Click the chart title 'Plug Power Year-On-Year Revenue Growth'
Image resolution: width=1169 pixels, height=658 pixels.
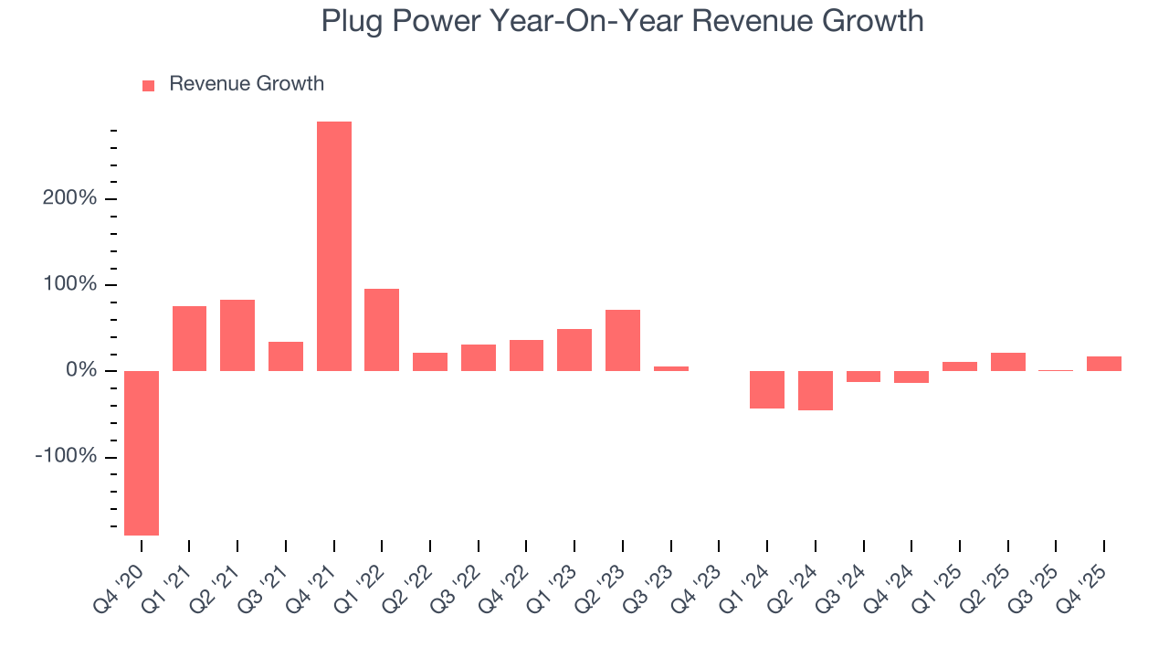point(622,21)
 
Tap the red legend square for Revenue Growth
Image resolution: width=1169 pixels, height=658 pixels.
point(149,85)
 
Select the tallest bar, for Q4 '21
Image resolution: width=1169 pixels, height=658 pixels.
point(334,246)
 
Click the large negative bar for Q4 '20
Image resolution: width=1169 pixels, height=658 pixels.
point(142,452)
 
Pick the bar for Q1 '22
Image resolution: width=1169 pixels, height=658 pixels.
point(382,330)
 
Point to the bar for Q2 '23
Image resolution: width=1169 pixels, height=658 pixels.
point(623,340)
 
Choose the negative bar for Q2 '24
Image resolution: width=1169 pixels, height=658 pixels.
point(816,390)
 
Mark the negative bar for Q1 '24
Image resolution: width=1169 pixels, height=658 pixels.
point(767,389)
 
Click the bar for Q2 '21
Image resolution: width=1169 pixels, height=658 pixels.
point(237,335)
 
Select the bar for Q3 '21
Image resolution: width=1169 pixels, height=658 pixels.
point(286,356)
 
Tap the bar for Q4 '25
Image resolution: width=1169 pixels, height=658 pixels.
point(1104,364)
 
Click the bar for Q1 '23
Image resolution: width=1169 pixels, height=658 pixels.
point(574,350)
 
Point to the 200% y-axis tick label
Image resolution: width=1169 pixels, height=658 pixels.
point(69,198)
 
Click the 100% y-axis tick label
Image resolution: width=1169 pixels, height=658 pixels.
point(69,284)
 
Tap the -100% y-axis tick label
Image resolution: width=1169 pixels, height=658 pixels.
point(66,456)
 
